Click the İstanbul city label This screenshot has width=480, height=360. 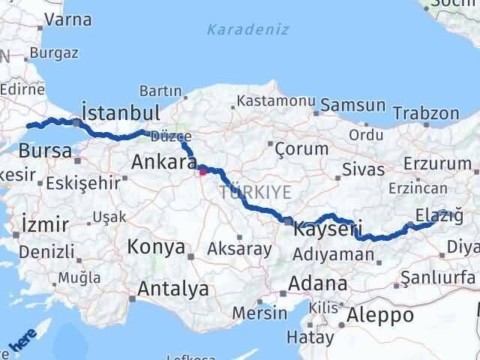point(121,113)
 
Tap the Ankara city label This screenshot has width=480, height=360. point(163,162)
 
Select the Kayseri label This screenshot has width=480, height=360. point(328,227)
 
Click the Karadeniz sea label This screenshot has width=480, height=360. point(237,31)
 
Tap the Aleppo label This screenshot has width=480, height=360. point(380,315)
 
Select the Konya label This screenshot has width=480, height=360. point(156,246)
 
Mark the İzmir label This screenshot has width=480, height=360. point(46,223)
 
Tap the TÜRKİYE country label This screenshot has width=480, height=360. point(255,193)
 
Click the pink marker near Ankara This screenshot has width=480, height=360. point(202,171)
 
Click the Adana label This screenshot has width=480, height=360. point(321,284)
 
